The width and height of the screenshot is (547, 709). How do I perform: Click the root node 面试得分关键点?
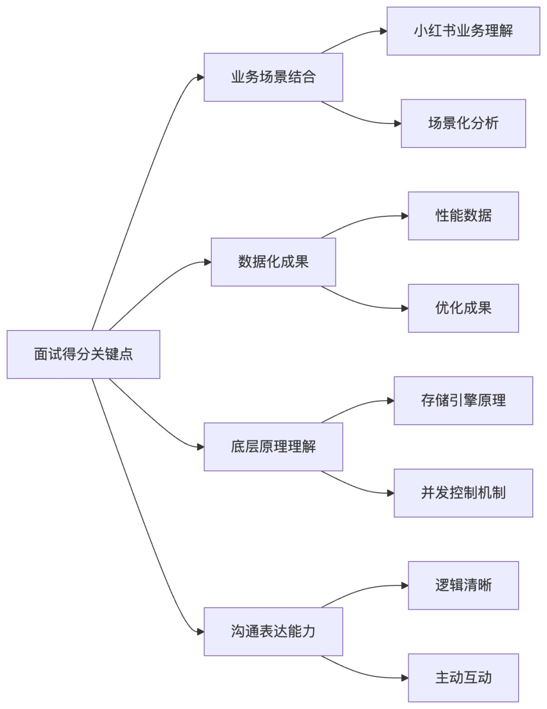pos(83,354)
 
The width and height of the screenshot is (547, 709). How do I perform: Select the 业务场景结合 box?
pos(273,77)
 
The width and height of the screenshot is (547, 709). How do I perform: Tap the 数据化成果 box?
pos(273,262)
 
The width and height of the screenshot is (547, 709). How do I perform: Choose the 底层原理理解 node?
pos(273,446)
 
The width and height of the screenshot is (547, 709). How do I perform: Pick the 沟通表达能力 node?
pos(273,631)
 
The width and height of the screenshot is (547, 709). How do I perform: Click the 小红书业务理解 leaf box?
pos(463,31)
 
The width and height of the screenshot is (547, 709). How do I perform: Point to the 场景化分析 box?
pos(463,123)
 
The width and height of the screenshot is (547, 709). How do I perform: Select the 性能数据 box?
pos(463,216)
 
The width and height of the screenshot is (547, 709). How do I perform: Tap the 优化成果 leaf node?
pos(463,308)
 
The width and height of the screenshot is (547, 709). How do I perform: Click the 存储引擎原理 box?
pos(463,400)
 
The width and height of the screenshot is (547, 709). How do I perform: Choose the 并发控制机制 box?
pos(463,493)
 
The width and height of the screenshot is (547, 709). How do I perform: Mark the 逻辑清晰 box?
pos(463,585)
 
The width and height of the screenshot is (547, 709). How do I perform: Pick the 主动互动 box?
pos(463,678)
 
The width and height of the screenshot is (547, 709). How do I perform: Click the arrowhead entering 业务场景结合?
pos(201,78)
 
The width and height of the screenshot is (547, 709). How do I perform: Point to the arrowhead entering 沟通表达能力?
pos(201,632)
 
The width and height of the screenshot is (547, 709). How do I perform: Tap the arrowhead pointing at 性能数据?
pos(405,216)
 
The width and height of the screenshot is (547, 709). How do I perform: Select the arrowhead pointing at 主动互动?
pos(405,678)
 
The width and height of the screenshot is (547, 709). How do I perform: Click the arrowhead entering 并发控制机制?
pos(390,493)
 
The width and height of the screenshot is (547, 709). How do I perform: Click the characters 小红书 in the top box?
pos(435,31)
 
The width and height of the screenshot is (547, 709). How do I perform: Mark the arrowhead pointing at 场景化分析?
pos(398,124)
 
